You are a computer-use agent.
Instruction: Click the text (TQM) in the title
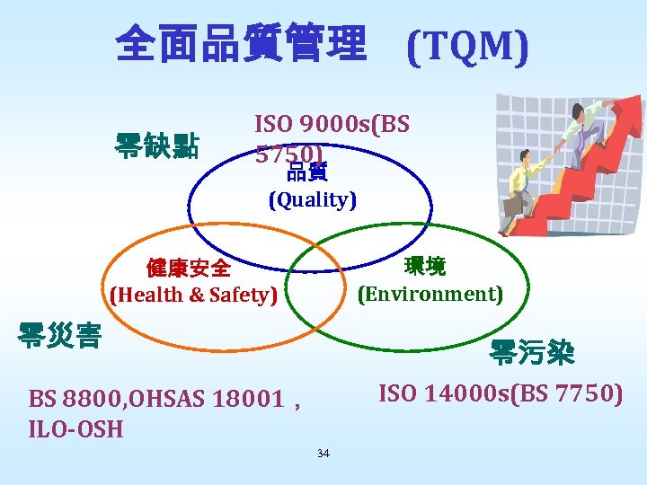(x=467, y=46)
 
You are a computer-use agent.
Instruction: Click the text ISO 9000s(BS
(x=332, y=124)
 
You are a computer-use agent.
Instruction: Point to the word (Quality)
(x=313, y=199)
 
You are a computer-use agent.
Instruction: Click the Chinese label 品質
(x=306, y=172)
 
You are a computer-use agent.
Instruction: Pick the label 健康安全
(x=189, y=269)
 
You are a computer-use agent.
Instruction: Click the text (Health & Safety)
(x=193, y=295)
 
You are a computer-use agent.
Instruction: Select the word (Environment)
(x=430, y=294)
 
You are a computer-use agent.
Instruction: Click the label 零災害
(x=59, y=334)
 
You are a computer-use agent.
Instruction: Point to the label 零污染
(x=532, y=353)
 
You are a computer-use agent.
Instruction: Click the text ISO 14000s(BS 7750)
(x=501, y=393)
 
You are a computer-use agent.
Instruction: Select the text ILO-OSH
(x=75, y=428)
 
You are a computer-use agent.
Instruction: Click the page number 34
(x=323, y=453)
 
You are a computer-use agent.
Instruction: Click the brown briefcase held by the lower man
(x=512, y=205)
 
